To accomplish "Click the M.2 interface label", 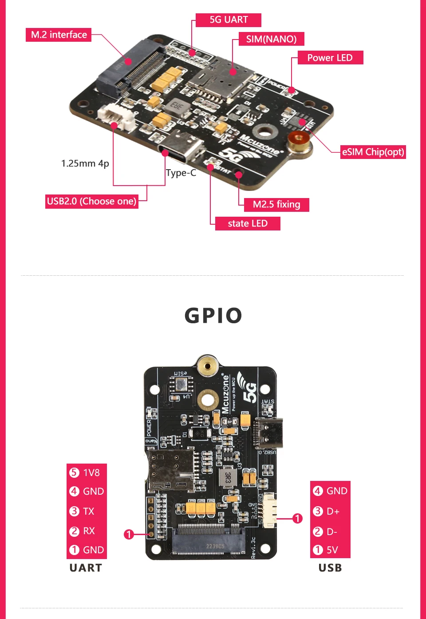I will coord(59,35).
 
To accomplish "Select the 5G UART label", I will coord(229,20).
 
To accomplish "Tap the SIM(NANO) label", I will coord(271,39).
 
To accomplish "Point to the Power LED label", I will coord(330,58).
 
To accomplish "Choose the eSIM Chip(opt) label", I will coord(373,152).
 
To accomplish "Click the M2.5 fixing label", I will coord(276,205).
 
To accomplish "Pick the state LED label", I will coord(248,223).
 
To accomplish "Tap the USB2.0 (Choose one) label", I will coord(91,201).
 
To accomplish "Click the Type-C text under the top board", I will coord(181,173).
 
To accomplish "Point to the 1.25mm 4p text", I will coord(85,163).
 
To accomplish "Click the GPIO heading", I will coord(213,316).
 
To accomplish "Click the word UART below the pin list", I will coord(86,568).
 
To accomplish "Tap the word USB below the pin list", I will coord(330,568).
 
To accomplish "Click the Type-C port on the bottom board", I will coord(268,433).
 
